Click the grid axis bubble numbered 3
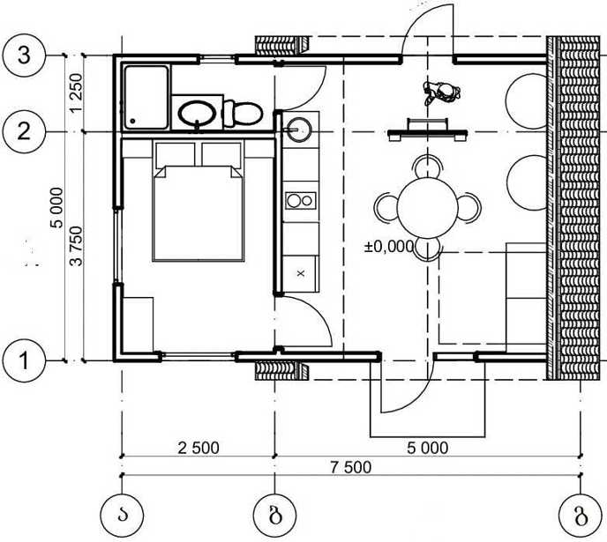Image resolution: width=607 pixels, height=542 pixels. pyautogui.click(x=24, y=56)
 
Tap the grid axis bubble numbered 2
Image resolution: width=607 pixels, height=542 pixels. pyautogui.click(x=24, y=131)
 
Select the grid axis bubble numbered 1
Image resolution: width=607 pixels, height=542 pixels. pyautogui.click(x=24, y=360)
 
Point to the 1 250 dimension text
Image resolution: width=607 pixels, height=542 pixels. pyautogui.click(x=76, y=93)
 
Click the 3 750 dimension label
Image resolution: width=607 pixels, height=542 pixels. pyautogui.click(x=76, y=246)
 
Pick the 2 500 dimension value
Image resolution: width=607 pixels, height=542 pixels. pyautogui.click(x=199, y=448)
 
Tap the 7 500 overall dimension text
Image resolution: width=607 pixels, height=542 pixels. pyautogui.click(x=351, y=467)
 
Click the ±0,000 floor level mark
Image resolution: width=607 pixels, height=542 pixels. pyautogui.click(x=389, y=246)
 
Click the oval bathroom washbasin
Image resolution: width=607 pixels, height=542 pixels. pyautogui.click(x=197, y=114)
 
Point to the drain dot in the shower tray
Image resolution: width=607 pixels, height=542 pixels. pyautogui.click(x=132, y=121)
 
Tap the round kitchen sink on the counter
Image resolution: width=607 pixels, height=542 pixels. pyautogui.click(x=298, y=129)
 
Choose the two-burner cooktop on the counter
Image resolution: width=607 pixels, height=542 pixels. pyautogui.click(x=301, y=201)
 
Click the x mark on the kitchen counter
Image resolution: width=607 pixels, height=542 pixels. pyautogui.click(x=301, y=273)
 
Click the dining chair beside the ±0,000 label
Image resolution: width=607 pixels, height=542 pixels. pyautogui.click(x=427, y=249)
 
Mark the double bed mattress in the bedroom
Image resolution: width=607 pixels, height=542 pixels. pyautogui.click(x=199, y=213)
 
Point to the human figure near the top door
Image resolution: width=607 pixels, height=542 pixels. pyautogui.click(x=441, y=93)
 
